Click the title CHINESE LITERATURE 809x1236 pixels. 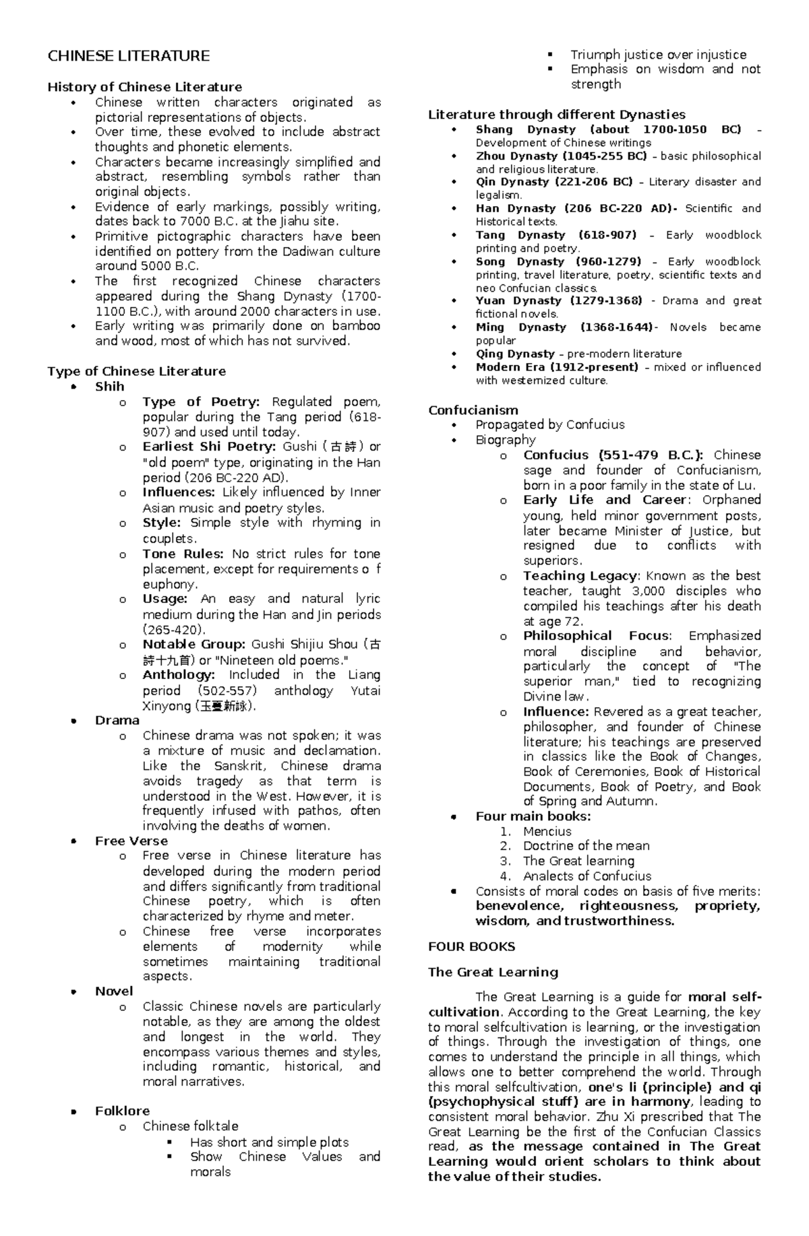coord(128,56)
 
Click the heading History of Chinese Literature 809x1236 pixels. coord(144,87)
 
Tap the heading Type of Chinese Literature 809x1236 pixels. coord(136,371)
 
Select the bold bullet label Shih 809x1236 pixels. coord(109,387)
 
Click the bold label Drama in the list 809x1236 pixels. coord(117,720)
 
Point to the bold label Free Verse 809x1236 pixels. coord(131,841)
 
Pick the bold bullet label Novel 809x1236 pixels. coord(114,991)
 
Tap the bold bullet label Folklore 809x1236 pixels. coord(122,1111)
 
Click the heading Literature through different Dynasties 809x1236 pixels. coord(556,115)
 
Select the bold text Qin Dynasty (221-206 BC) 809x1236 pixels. coord(553,182)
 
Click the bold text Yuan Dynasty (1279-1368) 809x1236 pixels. coord(559,300)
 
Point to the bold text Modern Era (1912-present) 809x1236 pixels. coord(556,367)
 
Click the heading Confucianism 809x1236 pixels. coord(473,410)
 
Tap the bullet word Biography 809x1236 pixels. coord(505,440)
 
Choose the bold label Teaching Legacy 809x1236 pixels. coord(579,576)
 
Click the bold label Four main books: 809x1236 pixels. coord(533,816)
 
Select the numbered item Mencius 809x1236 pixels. coord(547,831)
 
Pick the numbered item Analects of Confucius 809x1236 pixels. coord(587,876)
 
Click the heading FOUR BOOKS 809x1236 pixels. coord(471,946)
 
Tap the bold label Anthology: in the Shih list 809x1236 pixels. coord(179,675)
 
